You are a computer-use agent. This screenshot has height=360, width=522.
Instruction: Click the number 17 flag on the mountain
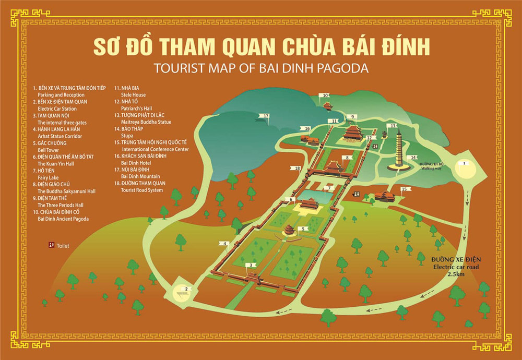pyautogui.click(x=266, y=116)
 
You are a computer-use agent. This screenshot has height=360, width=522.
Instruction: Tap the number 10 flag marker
pyautogui.click(x=325, y=95)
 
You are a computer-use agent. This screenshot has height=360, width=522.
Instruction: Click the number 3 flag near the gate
pyautogui.click(x=252, y=265)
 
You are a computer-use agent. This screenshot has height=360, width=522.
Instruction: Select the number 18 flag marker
pyautogui.click(x=297, y=168)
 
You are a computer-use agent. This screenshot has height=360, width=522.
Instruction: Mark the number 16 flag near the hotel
pyautogui.click(x=307, y=128)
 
